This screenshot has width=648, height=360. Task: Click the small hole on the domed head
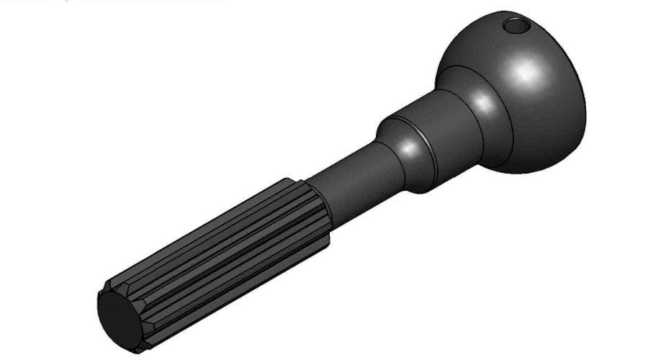pos(516,27)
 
